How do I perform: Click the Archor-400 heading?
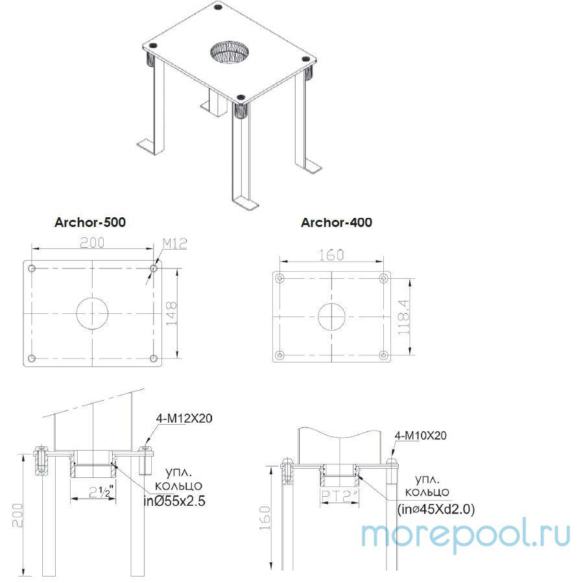tap(337, 222)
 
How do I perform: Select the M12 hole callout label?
tap(174, 243)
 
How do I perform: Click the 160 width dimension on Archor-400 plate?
tap(331, 254)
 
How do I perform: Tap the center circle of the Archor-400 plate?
tap(331, 316)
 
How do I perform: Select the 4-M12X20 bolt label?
tap(184, 418)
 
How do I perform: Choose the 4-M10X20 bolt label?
tap(420, 436)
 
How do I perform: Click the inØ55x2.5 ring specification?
tap(174, 501)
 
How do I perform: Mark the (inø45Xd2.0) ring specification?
tap(435, 510)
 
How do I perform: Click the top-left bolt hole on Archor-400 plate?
tap(280, 278)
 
